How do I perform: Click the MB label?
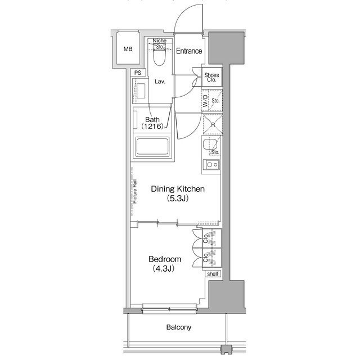(128, 49)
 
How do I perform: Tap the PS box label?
(138, 73)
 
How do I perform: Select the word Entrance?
(189, 51)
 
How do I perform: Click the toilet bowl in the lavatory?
(159, 57)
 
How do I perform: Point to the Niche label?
(159, 40)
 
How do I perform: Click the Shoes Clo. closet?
(211, 77)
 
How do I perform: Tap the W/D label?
(205, 101)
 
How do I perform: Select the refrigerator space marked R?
(213, 124)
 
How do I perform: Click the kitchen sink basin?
(210, 146)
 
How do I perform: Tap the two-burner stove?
(212, 165)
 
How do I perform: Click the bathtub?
(152, 147)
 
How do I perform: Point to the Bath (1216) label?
(152, 123)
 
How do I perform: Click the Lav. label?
(160, 82)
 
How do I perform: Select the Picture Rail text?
(135, 191)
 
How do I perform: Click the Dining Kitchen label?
(178, 189)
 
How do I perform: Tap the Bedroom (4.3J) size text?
(164, 268)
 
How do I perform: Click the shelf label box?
(213, 274)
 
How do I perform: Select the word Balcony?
(179, 327)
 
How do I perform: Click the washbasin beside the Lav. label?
(141, 91)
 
